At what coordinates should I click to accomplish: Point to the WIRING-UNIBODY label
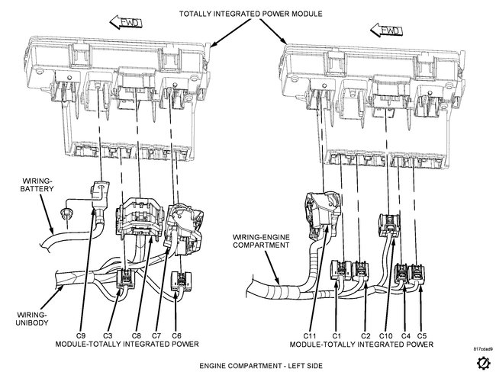tap(31, 316)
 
